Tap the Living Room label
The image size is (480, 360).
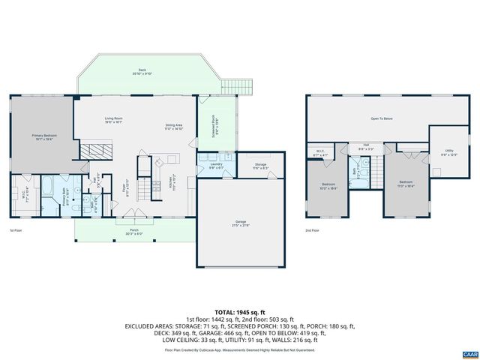pos(113,121)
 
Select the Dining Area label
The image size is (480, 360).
pos(174,127)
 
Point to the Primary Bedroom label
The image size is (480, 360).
pos(44,136)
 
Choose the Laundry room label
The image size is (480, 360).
pos(216,165)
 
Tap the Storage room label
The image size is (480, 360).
pos(259,165)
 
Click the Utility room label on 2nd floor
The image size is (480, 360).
pos(448,151)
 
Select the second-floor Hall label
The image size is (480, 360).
pos(366,146)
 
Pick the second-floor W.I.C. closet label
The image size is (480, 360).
pos(319,154)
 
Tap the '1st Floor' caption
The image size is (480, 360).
pos(16,230)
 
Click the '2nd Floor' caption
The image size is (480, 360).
pos(313,230)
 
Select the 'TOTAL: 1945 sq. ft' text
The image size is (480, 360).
pos(239,312)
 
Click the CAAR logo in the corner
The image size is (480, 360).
pos(469,352)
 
